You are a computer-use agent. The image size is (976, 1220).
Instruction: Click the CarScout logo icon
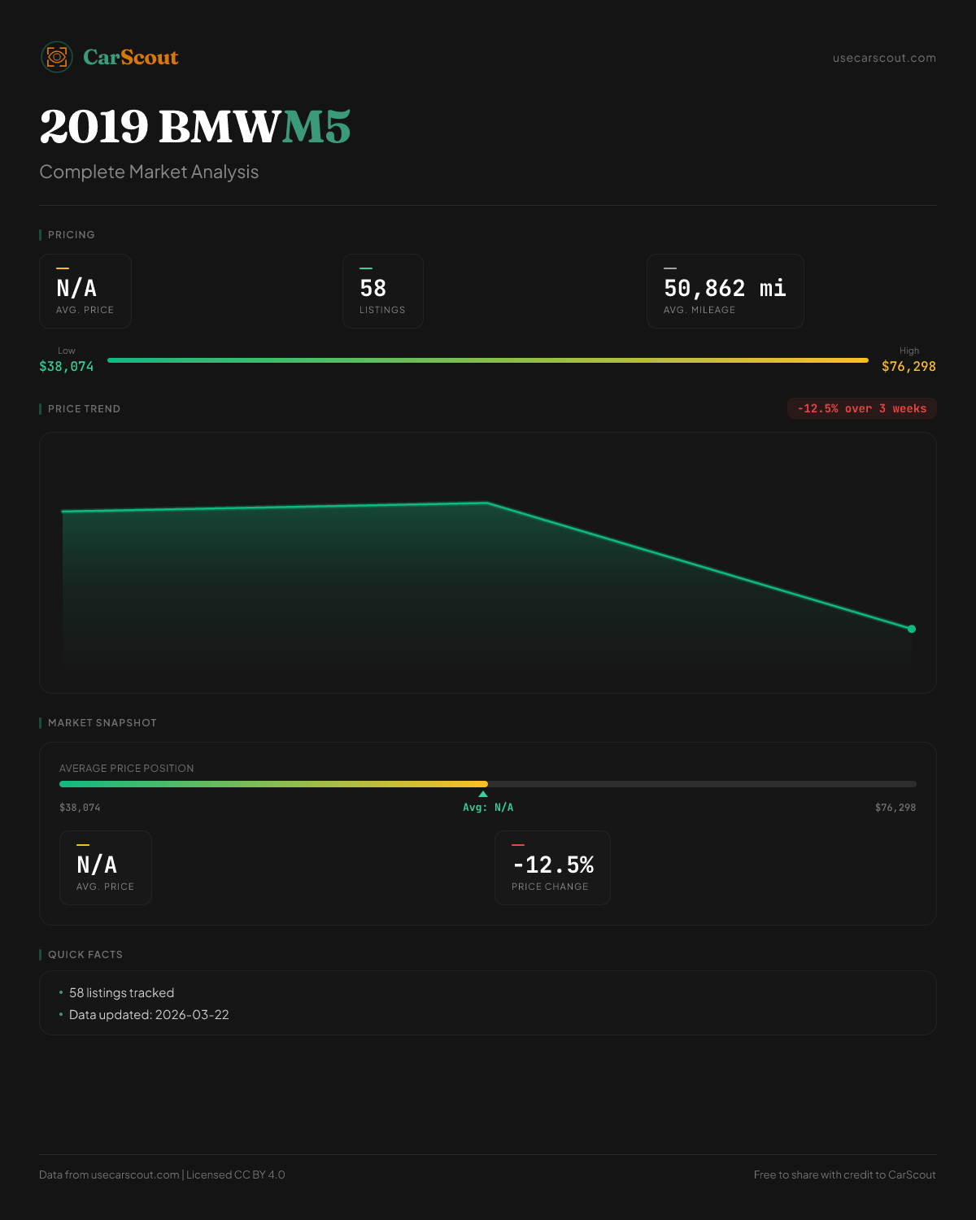pos(57,57)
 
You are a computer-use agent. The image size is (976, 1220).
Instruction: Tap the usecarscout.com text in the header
pos(884,58)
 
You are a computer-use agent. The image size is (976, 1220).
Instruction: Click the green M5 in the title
pos(316,127)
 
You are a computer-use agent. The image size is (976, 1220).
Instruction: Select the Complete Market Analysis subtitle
pos(149,172)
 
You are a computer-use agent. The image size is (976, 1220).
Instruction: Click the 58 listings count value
pos(373,288)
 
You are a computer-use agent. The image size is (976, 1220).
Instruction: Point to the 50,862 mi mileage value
pos(725,288)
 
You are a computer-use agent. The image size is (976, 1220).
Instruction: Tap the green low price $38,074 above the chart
pos(67,366)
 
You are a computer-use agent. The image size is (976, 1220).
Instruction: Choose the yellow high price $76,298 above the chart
pos(908,366)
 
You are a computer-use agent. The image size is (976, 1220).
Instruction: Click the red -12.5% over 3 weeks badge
pos(861,408)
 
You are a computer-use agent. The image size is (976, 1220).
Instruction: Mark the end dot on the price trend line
pos(912,629)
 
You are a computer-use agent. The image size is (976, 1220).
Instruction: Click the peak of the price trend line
pos(486,503)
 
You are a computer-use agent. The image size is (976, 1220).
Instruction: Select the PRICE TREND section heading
pos(84,408)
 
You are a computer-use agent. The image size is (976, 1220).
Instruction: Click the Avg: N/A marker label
pos(488,807)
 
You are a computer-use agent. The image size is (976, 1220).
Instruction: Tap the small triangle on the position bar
pos(483,794)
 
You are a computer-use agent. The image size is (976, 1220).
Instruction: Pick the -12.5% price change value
pos(553,865)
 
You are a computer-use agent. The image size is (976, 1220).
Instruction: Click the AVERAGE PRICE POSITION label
pos(127,768)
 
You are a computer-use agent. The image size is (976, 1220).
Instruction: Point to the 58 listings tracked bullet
pos(121,992)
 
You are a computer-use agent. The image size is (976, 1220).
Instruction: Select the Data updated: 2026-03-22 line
pos(149,1014)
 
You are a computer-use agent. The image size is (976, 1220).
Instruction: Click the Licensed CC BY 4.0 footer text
pos(236,1174)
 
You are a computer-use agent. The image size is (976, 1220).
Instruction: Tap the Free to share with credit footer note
pos(844,1174)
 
